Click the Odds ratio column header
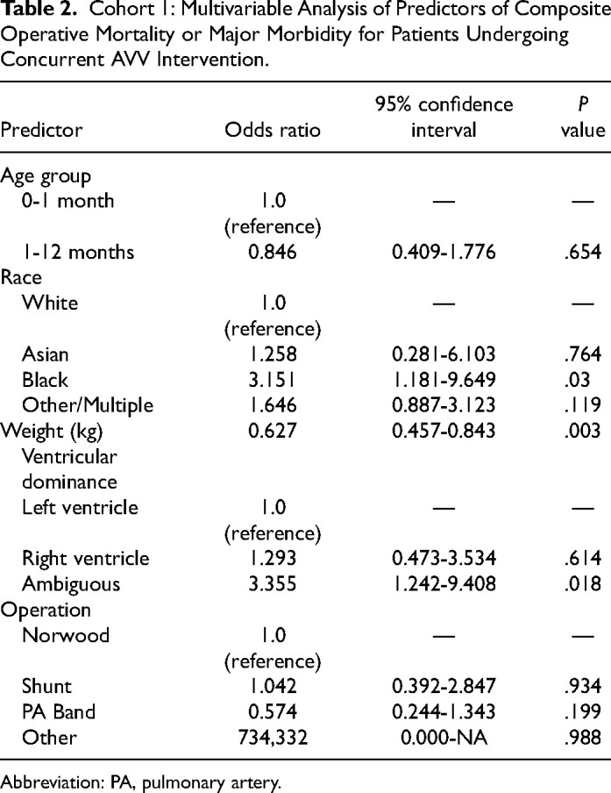pos(273,130)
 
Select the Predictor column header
pos(41,130)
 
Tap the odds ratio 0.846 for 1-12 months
pos(273,252)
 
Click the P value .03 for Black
pos(577,380)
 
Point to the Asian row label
pos(45,354)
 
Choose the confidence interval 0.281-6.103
pos(444,354)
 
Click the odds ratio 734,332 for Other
pos(273,738)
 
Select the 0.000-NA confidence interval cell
pos(444,738)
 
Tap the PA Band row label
pos(59,711)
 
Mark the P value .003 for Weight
pos(582,431)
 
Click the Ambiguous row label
pos(71,584)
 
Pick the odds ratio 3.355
pos(273,584)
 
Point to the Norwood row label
pos(66,635)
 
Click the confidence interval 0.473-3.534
pos(444,558)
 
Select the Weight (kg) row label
pos(52,431)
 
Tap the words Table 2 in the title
pos(35,11)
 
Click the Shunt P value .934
pos(582,686)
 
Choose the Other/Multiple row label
pos(88,405)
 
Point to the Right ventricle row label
pos(85,558)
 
